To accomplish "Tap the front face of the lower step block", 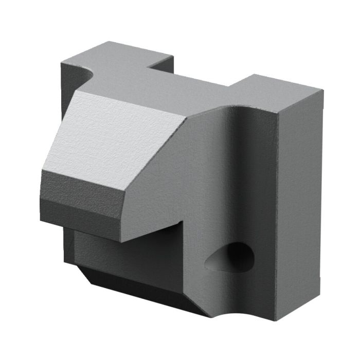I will pyautogui.click(x=129, y=260).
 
